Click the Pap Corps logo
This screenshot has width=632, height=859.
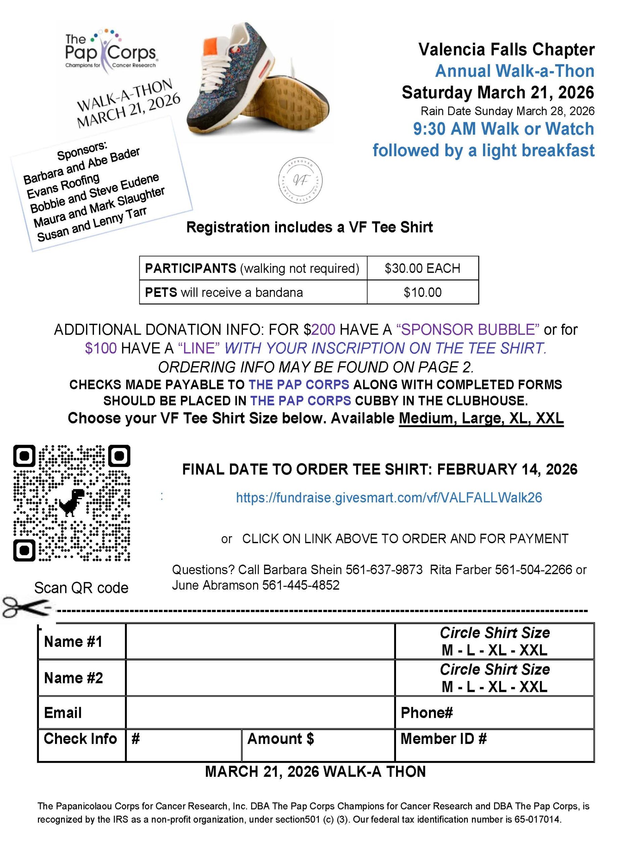(x=110, y=50)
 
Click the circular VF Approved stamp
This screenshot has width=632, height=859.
(x=300, y=180)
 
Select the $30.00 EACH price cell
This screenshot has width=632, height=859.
(x=422, y=268)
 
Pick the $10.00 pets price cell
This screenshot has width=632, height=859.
(x=422, y=293)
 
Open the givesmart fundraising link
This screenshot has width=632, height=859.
(x=389, y=498)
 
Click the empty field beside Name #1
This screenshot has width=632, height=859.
(x=260, y=642)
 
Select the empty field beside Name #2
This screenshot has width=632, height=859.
(x=260, y=678)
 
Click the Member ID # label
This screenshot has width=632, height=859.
(x=443, y=739)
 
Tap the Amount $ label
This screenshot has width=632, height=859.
(x=280, y=739)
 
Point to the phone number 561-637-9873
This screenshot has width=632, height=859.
(x=384, y=570)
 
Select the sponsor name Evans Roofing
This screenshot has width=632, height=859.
(x=63, y=186)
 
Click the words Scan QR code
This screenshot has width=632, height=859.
(x=81, y=588)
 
